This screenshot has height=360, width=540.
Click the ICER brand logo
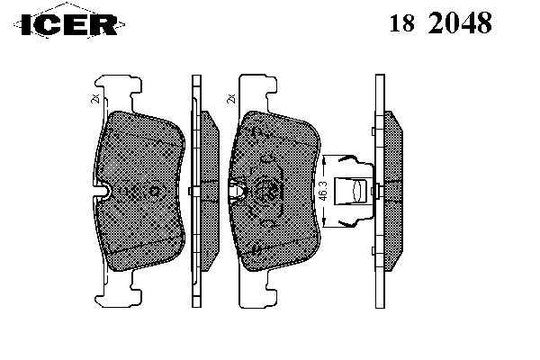69,24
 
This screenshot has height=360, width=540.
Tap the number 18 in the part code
401,23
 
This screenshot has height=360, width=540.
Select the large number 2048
460,22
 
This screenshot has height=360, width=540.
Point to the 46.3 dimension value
322,190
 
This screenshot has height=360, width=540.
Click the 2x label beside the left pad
95,99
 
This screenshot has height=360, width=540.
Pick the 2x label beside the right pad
231,99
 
